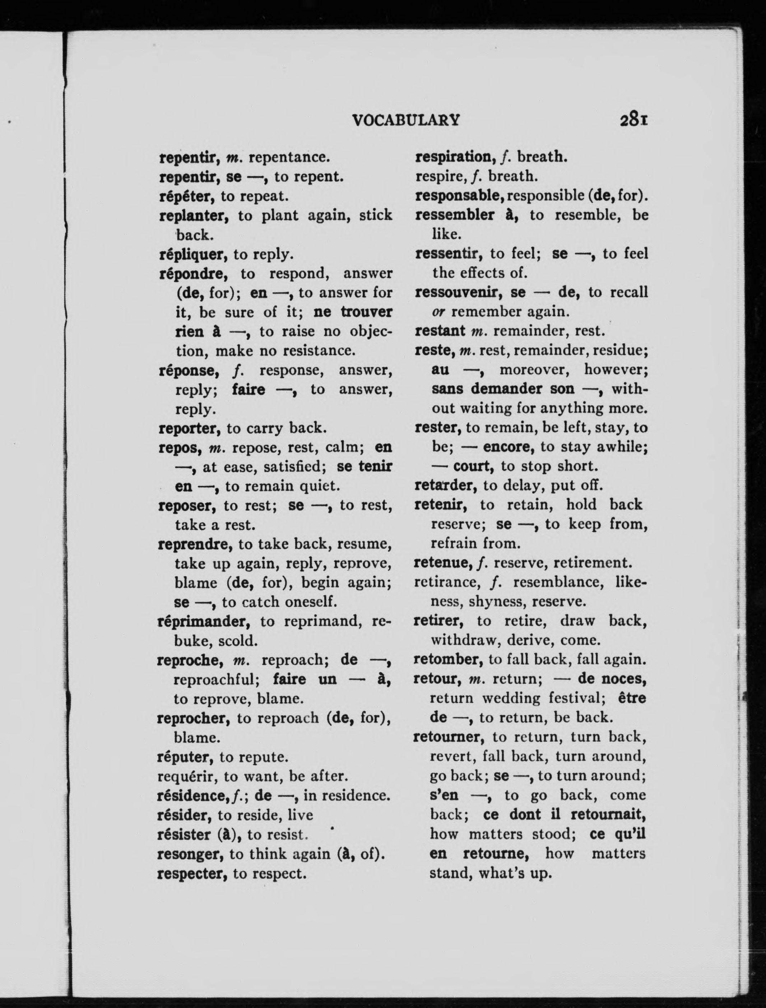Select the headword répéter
tap(187, 196)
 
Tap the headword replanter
tap(194, 216)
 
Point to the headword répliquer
tap(192, 254)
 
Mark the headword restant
tap(440, 331)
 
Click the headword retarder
tap(445, 486)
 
